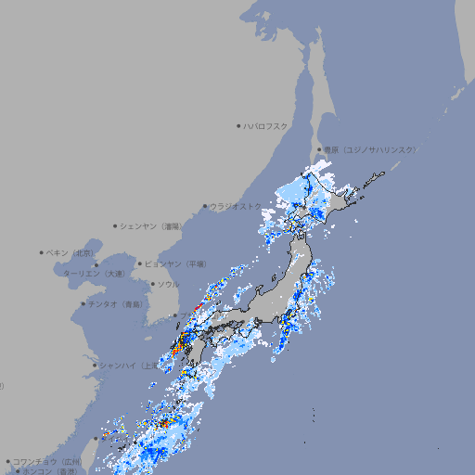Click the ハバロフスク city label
tap(265, 125)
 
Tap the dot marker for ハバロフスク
tap(238, 125)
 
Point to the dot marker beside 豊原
tap(319, 149)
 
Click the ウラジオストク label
tap(236, 206)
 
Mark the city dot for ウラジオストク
tap(205, 206)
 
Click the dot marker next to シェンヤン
tap(116, 225)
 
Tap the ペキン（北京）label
tap(70, 252)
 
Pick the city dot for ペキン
tap(42, 252)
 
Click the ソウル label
tap(168, 284)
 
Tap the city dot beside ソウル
tap(152, 284)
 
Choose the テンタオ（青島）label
tap(116, 303)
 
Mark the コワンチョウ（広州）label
tap(47, 461)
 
